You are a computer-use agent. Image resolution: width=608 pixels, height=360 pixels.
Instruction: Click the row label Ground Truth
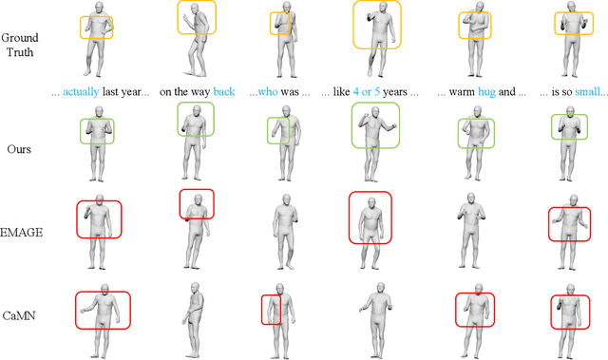(20, 45)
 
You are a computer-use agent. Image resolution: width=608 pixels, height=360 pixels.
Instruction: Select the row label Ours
(19, 149)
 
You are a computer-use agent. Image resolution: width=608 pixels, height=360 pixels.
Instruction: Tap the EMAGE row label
(21, 232)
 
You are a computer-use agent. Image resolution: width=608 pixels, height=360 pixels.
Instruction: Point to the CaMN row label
(19, 315)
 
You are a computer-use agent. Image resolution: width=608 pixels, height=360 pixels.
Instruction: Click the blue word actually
(81, 92)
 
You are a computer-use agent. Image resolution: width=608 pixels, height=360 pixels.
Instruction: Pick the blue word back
(224, 92)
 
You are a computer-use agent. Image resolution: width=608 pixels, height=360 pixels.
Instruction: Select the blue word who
(268, 92)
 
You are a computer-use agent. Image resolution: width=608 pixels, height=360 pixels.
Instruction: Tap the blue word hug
(486, 92)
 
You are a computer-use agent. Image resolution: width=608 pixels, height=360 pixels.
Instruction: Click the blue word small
(587, 92)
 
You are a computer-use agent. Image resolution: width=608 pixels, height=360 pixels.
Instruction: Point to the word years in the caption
(395, 92)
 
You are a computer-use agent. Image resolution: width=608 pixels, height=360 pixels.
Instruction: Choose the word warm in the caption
(462, 92)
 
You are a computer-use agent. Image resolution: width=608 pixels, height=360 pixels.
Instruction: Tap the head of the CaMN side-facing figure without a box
(195, 288)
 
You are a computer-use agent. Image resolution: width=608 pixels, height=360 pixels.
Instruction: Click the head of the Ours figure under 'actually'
(99, 112)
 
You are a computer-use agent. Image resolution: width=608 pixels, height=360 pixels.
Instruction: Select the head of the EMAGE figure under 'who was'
(286, 200)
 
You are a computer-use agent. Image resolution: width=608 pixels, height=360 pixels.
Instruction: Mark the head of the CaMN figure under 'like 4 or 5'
(381, 289)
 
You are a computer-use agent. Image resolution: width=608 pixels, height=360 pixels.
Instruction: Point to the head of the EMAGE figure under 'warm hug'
(471, 199)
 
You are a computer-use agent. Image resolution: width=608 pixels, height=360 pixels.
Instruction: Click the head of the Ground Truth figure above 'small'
(570, 8)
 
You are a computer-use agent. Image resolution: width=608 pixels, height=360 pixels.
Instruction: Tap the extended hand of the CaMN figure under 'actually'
(83, 311)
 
